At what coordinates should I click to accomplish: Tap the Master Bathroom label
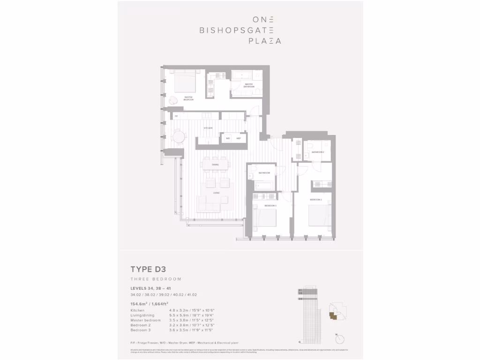pyautogui.click(x=249, y=85)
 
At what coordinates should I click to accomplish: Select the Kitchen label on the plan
pyautogui.click(x=208, y=128)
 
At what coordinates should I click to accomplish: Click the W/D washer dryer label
pyautogui.click(x=228, y=138)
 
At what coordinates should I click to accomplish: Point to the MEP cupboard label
pyautogui.click(x=238, y=138)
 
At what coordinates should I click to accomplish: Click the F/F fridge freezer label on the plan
pyautogui.click(x=177, y=116)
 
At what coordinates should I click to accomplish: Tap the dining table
pyautogui.click(x=216, y=165)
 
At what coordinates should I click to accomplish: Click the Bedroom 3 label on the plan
pyautogui.click(x=270, y=205)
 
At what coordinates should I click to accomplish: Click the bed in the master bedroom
pyautogui.click(x=185, y=83)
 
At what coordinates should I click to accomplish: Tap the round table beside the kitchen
pyautogui.click(x=179, y=137)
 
